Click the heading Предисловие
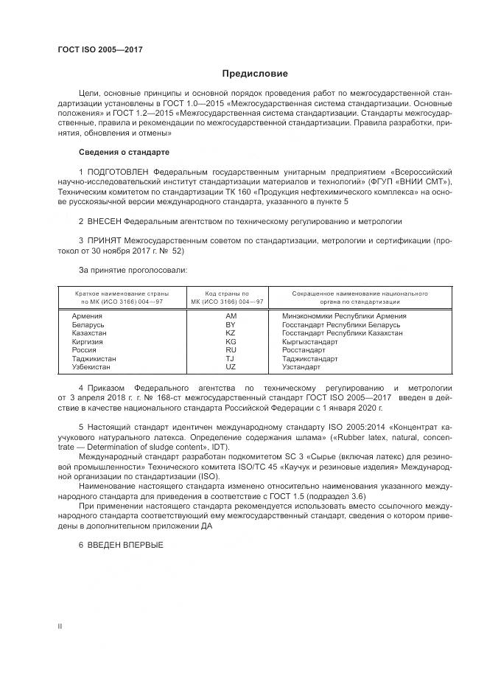point(255,74)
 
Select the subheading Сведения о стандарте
point(124,152)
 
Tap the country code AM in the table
point(231,316)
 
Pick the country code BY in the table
point(231,324)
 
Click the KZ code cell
point(231,333)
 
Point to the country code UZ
point(231,367)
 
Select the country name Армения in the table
point(87,316)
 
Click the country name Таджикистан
point(94,359)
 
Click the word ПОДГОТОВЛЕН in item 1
point(116,171)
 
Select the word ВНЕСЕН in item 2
point(103,220)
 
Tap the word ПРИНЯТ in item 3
point(105,240)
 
